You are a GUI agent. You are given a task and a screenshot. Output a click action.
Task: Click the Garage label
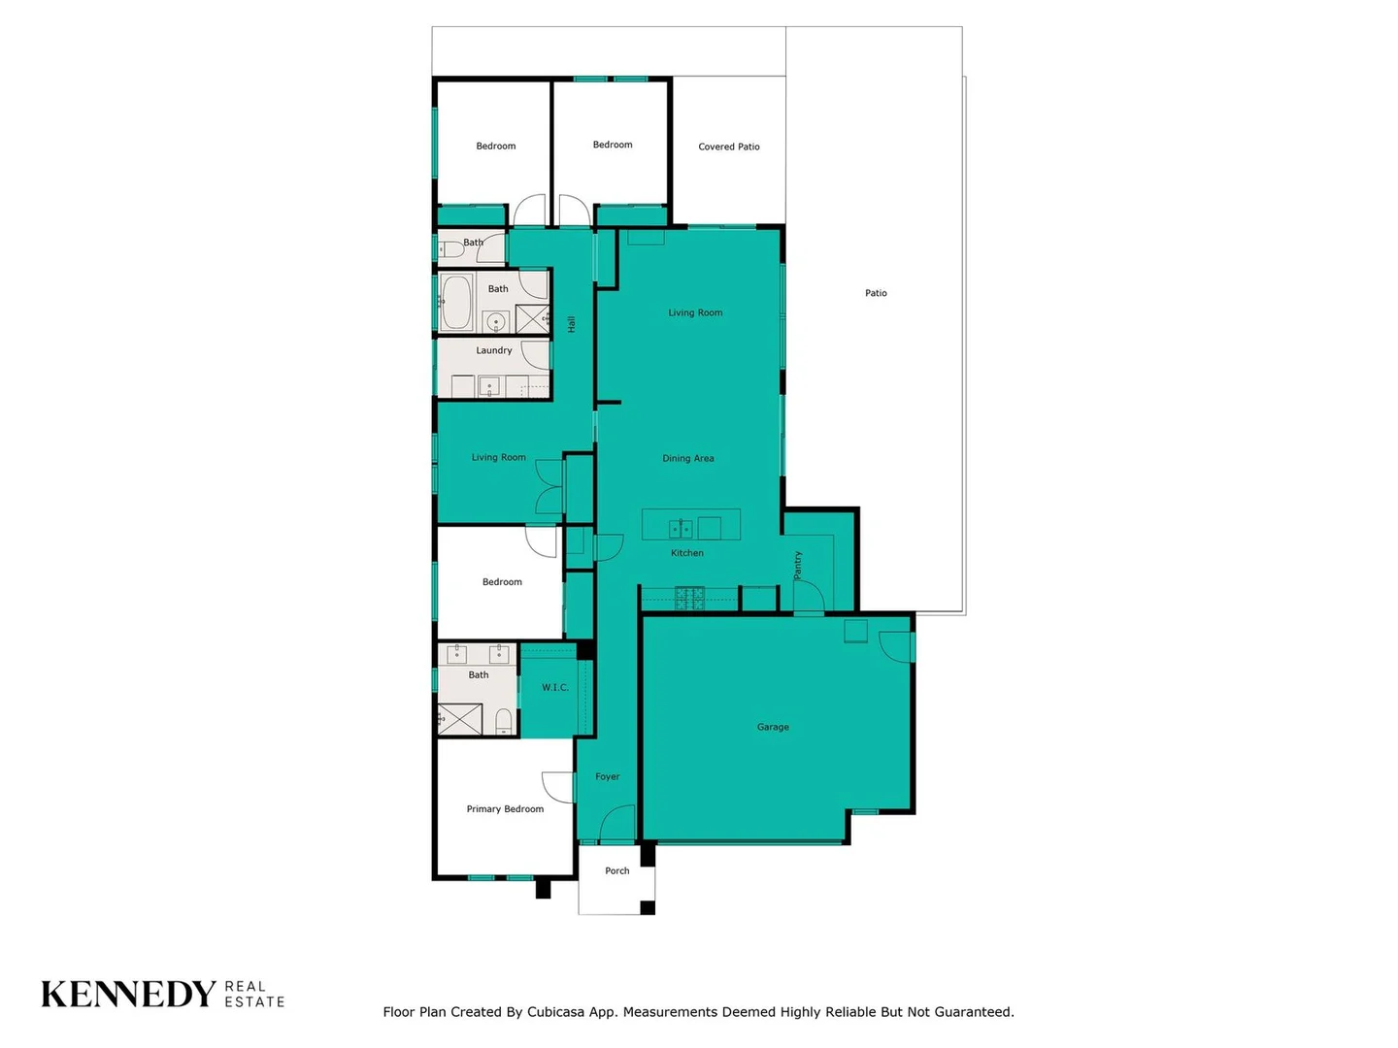click(x=773, y=727)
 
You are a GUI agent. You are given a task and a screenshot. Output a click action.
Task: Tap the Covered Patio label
click(x=729, y=147)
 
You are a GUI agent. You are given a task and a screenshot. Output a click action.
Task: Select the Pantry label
click(x=798, y=565)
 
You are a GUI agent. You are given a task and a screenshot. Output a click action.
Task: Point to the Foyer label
click(x=608, y=776)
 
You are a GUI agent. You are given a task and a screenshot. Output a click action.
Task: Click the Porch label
click(x=617, y=870)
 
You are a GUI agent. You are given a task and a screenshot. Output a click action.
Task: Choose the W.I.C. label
click(x=555, y=687)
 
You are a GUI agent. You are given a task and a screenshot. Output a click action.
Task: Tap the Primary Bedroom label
click(x=505, y=808)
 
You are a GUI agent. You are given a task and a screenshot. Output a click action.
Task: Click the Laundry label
click(x=494, y=350)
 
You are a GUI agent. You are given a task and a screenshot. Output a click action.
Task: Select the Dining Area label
click(x=688, y=458)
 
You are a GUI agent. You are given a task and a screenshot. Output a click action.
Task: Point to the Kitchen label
click(x=687, y=553)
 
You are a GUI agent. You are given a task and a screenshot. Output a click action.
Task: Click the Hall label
click(x=572, y=324)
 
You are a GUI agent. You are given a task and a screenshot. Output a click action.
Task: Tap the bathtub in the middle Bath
click(x=456, y=303)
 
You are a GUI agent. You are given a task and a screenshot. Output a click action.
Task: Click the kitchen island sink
click(x=681, y=529)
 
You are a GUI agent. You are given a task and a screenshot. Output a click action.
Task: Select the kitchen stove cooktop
click(x=689, y=598)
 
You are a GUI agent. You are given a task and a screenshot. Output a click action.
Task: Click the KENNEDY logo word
click(x=128, y=995)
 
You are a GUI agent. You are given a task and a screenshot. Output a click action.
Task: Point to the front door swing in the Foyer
click(x=617, y=825)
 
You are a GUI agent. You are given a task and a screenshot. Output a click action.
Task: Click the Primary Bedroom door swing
click(x=558, y=787)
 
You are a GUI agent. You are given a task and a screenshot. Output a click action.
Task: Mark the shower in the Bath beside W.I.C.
click(x=461, y=719)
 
